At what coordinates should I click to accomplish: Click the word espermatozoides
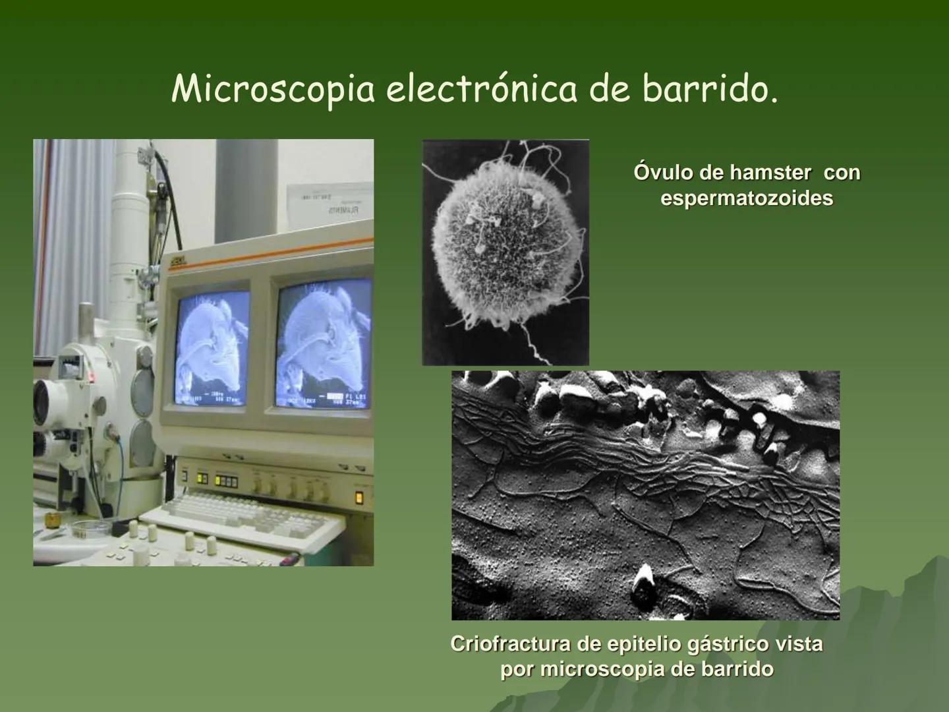[x=747, y=198]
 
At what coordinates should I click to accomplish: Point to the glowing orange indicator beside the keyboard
[x=359, y=497]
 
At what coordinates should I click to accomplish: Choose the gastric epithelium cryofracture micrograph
[x=645, y=495]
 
